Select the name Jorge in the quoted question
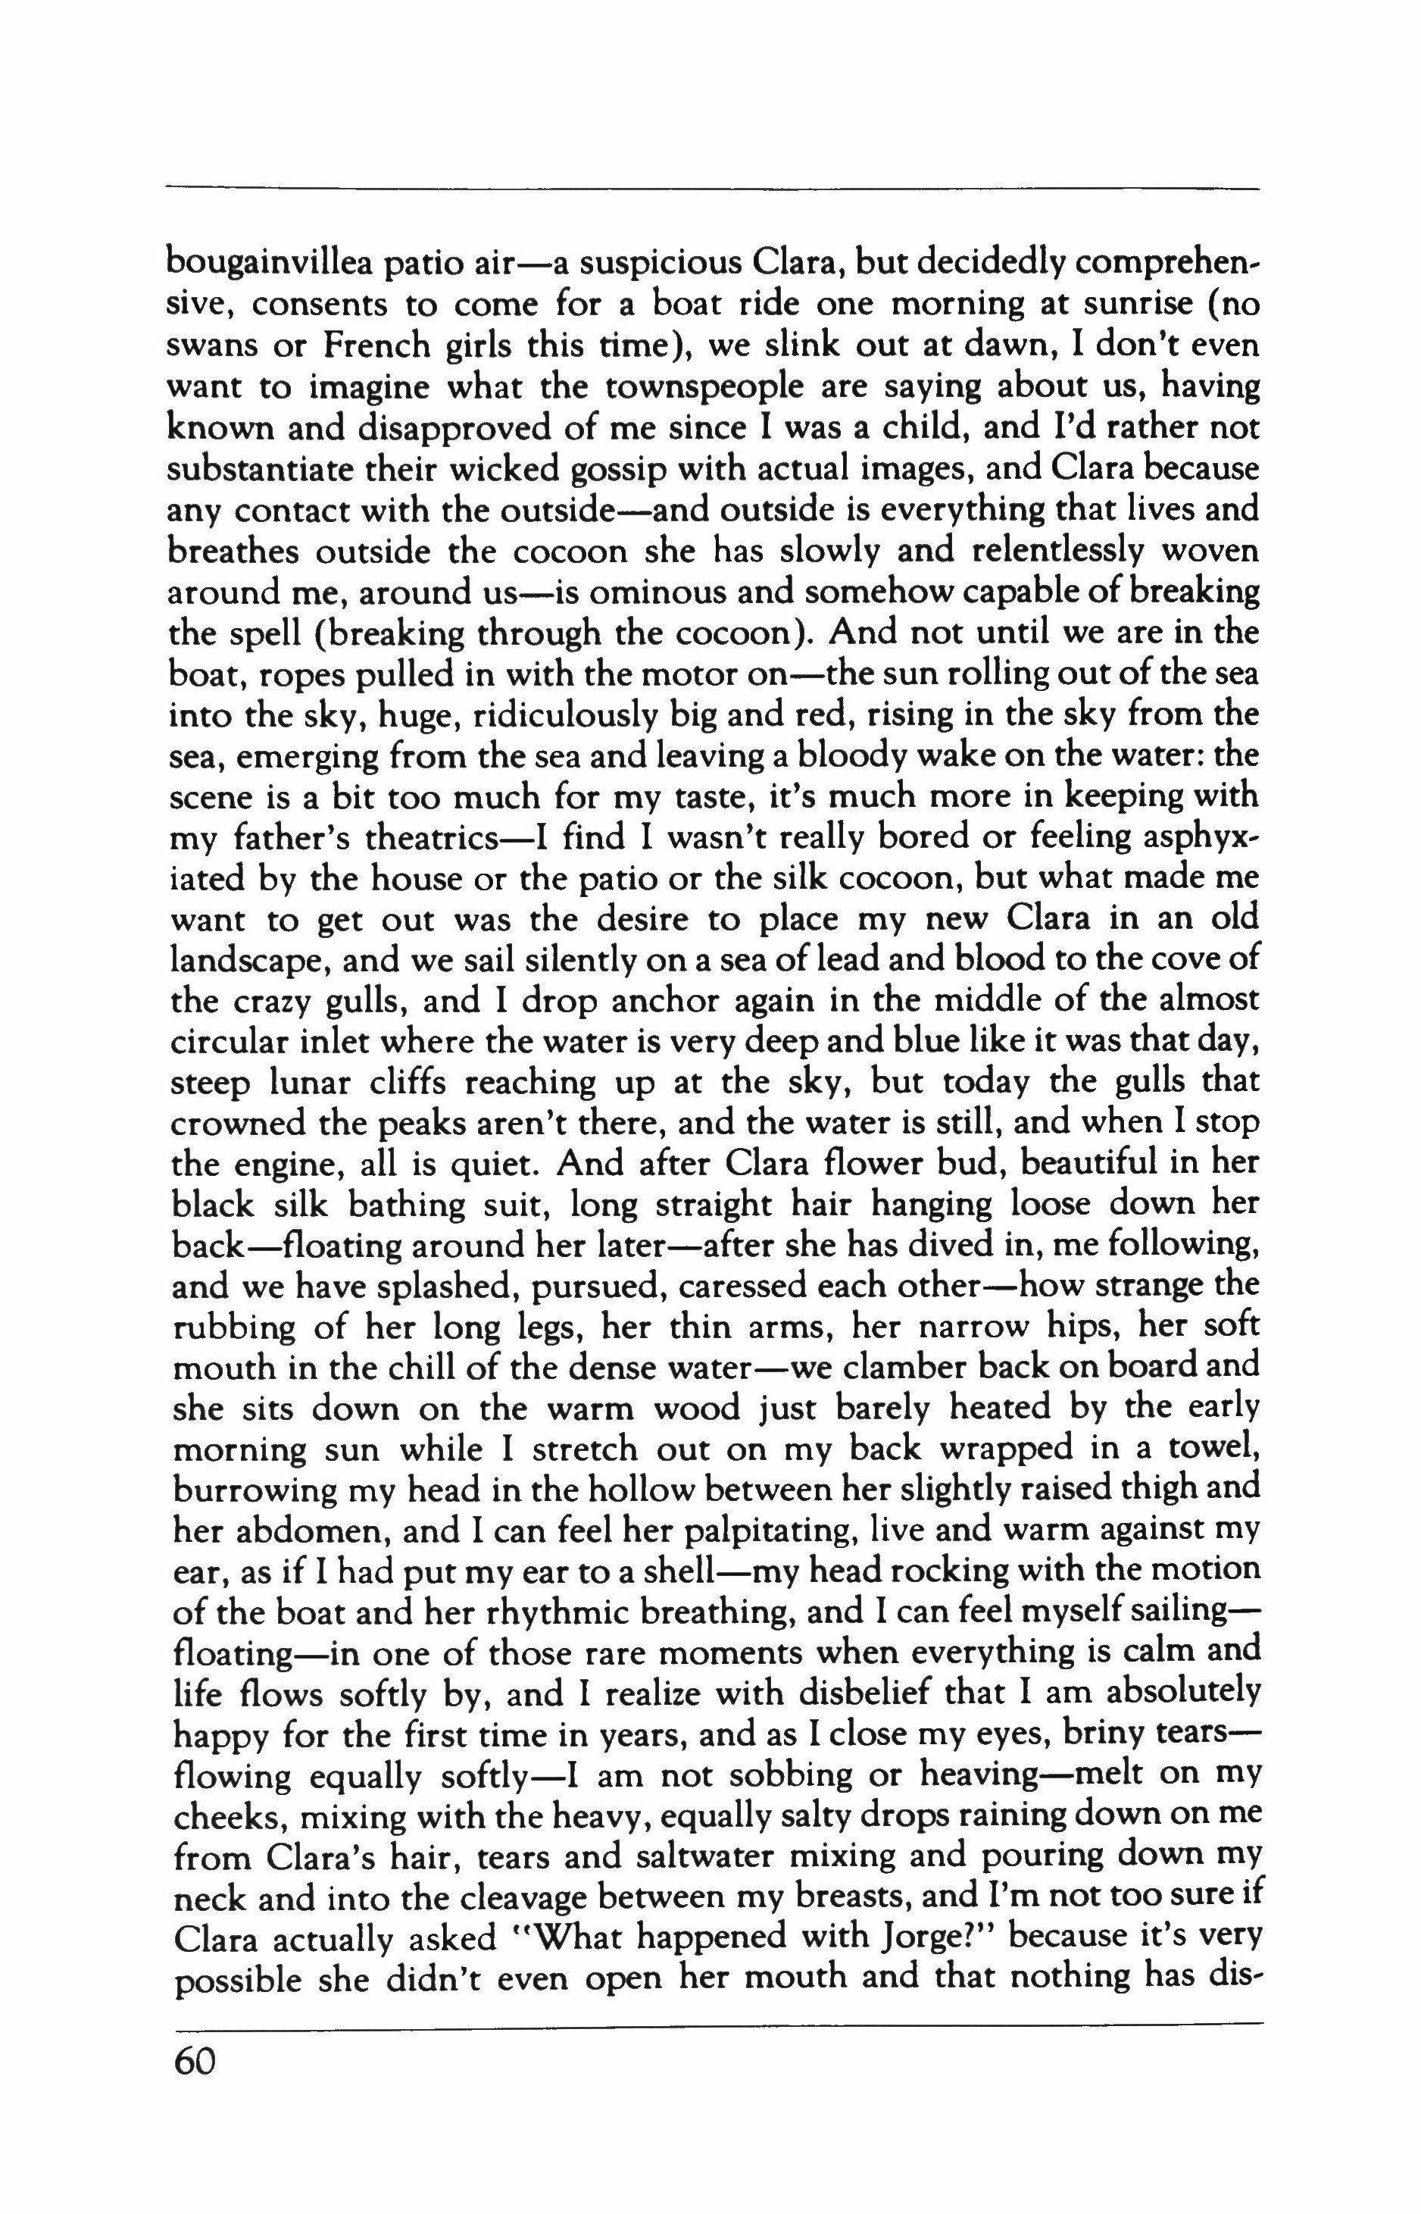[864, 1940]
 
